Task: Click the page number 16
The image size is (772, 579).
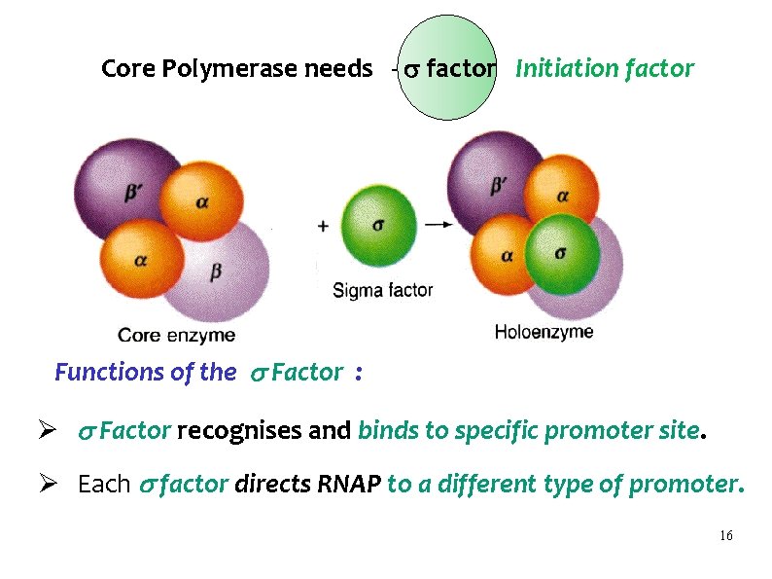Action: [725, 537]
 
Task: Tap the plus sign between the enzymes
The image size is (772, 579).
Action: [323, 225]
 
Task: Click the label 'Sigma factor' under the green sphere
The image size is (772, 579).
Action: [382, 290]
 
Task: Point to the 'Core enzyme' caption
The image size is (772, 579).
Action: [176, 336]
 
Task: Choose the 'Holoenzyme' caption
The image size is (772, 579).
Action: [544, 332]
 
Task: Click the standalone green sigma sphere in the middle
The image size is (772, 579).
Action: [379, 225]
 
